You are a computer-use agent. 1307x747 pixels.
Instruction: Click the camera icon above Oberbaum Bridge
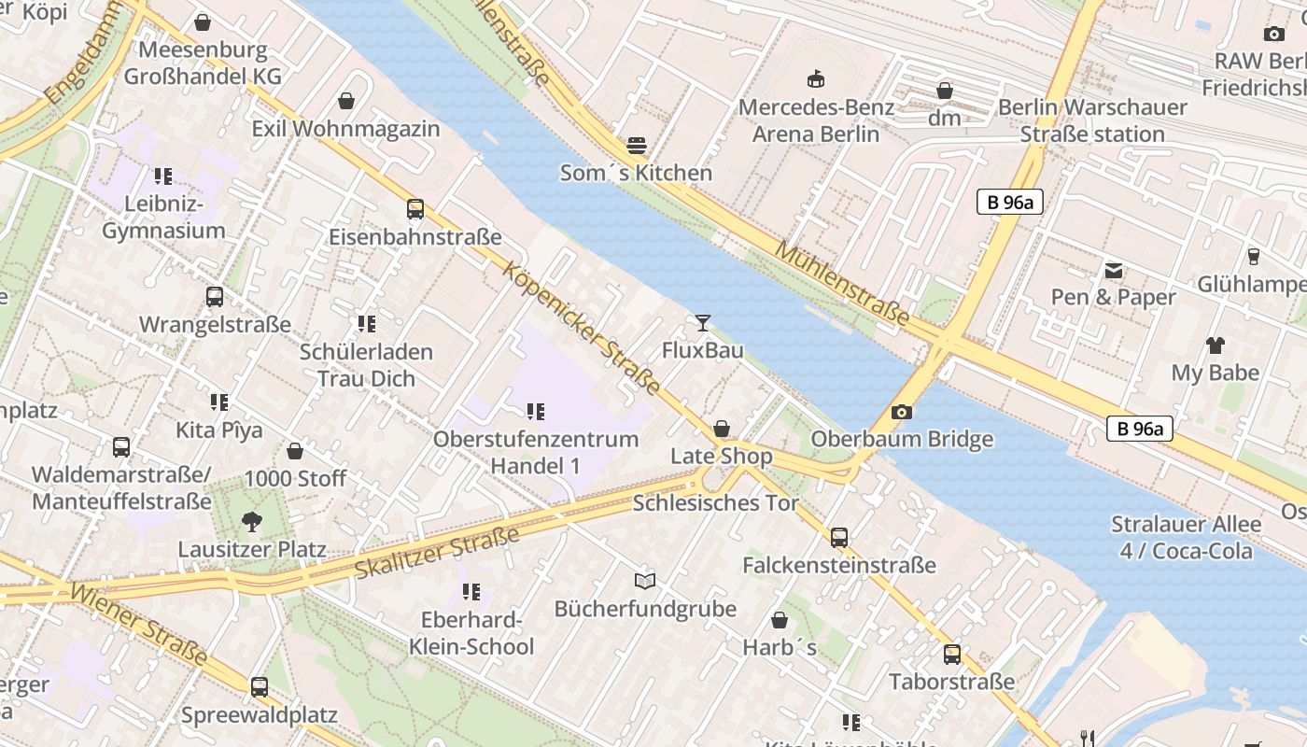(x=901, y=412)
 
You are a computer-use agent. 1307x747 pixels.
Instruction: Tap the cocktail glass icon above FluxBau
(x=703, y=323)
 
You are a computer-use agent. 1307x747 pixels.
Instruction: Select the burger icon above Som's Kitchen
(x=637, y=146)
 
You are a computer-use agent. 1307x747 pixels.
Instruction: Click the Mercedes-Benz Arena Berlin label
(x=816, y=120)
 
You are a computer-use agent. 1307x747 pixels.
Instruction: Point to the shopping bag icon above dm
(x=945, y=91)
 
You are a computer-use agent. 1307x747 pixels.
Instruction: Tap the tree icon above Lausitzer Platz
(x=251, y=522)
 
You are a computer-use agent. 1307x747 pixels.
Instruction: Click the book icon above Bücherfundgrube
(x=645, y=581)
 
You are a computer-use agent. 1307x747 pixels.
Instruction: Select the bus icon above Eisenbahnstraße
(x=415, y=209)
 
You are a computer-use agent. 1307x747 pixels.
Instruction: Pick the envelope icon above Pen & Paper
(x=1114, y=271)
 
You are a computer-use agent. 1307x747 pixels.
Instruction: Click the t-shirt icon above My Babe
(x=1215, y=345)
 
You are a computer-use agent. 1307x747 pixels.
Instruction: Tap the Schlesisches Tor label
(x=716, y=503)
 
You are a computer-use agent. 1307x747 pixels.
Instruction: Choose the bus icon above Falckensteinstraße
(x=839, y=538)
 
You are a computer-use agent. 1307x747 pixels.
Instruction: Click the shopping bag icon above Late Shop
(x=722, y=429)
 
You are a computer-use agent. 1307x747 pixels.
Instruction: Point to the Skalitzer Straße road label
(x=437, y=553)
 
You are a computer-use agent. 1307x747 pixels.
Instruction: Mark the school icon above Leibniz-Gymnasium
(x=163, y=176)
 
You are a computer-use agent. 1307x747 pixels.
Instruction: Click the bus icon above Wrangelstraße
(x=215, y=297)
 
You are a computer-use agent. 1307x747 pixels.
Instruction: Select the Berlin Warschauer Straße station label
(x=1092, y=120)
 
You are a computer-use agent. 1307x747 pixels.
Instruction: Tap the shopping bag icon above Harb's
(x=780, y=620)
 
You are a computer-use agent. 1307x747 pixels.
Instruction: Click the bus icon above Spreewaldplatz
(x=260, y=687)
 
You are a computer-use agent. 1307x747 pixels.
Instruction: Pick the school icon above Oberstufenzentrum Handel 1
(x=535, y=412)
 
